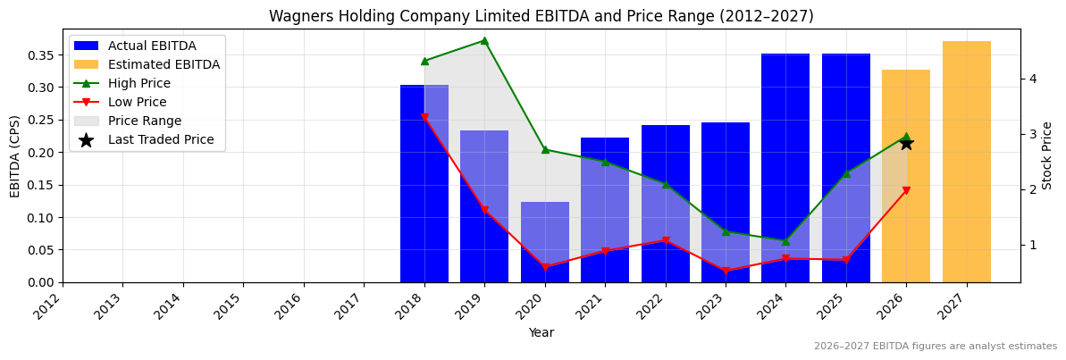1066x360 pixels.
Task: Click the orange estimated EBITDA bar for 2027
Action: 966,161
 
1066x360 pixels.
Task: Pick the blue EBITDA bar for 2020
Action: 545,241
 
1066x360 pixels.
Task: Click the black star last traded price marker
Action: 906,143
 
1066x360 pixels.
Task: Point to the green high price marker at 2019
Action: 484,40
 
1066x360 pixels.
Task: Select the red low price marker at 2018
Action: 424,117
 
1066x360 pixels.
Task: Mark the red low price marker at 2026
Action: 906,190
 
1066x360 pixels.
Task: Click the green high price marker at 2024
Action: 785,241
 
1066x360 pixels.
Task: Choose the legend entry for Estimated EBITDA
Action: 164,64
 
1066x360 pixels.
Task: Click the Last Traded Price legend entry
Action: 161,139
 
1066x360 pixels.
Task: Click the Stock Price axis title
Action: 1048,155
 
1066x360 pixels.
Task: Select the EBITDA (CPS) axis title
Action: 15,155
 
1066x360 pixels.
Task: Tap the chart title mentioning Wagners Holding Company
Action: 541,16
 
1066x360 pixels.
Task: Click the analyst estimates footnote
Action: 935,347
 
